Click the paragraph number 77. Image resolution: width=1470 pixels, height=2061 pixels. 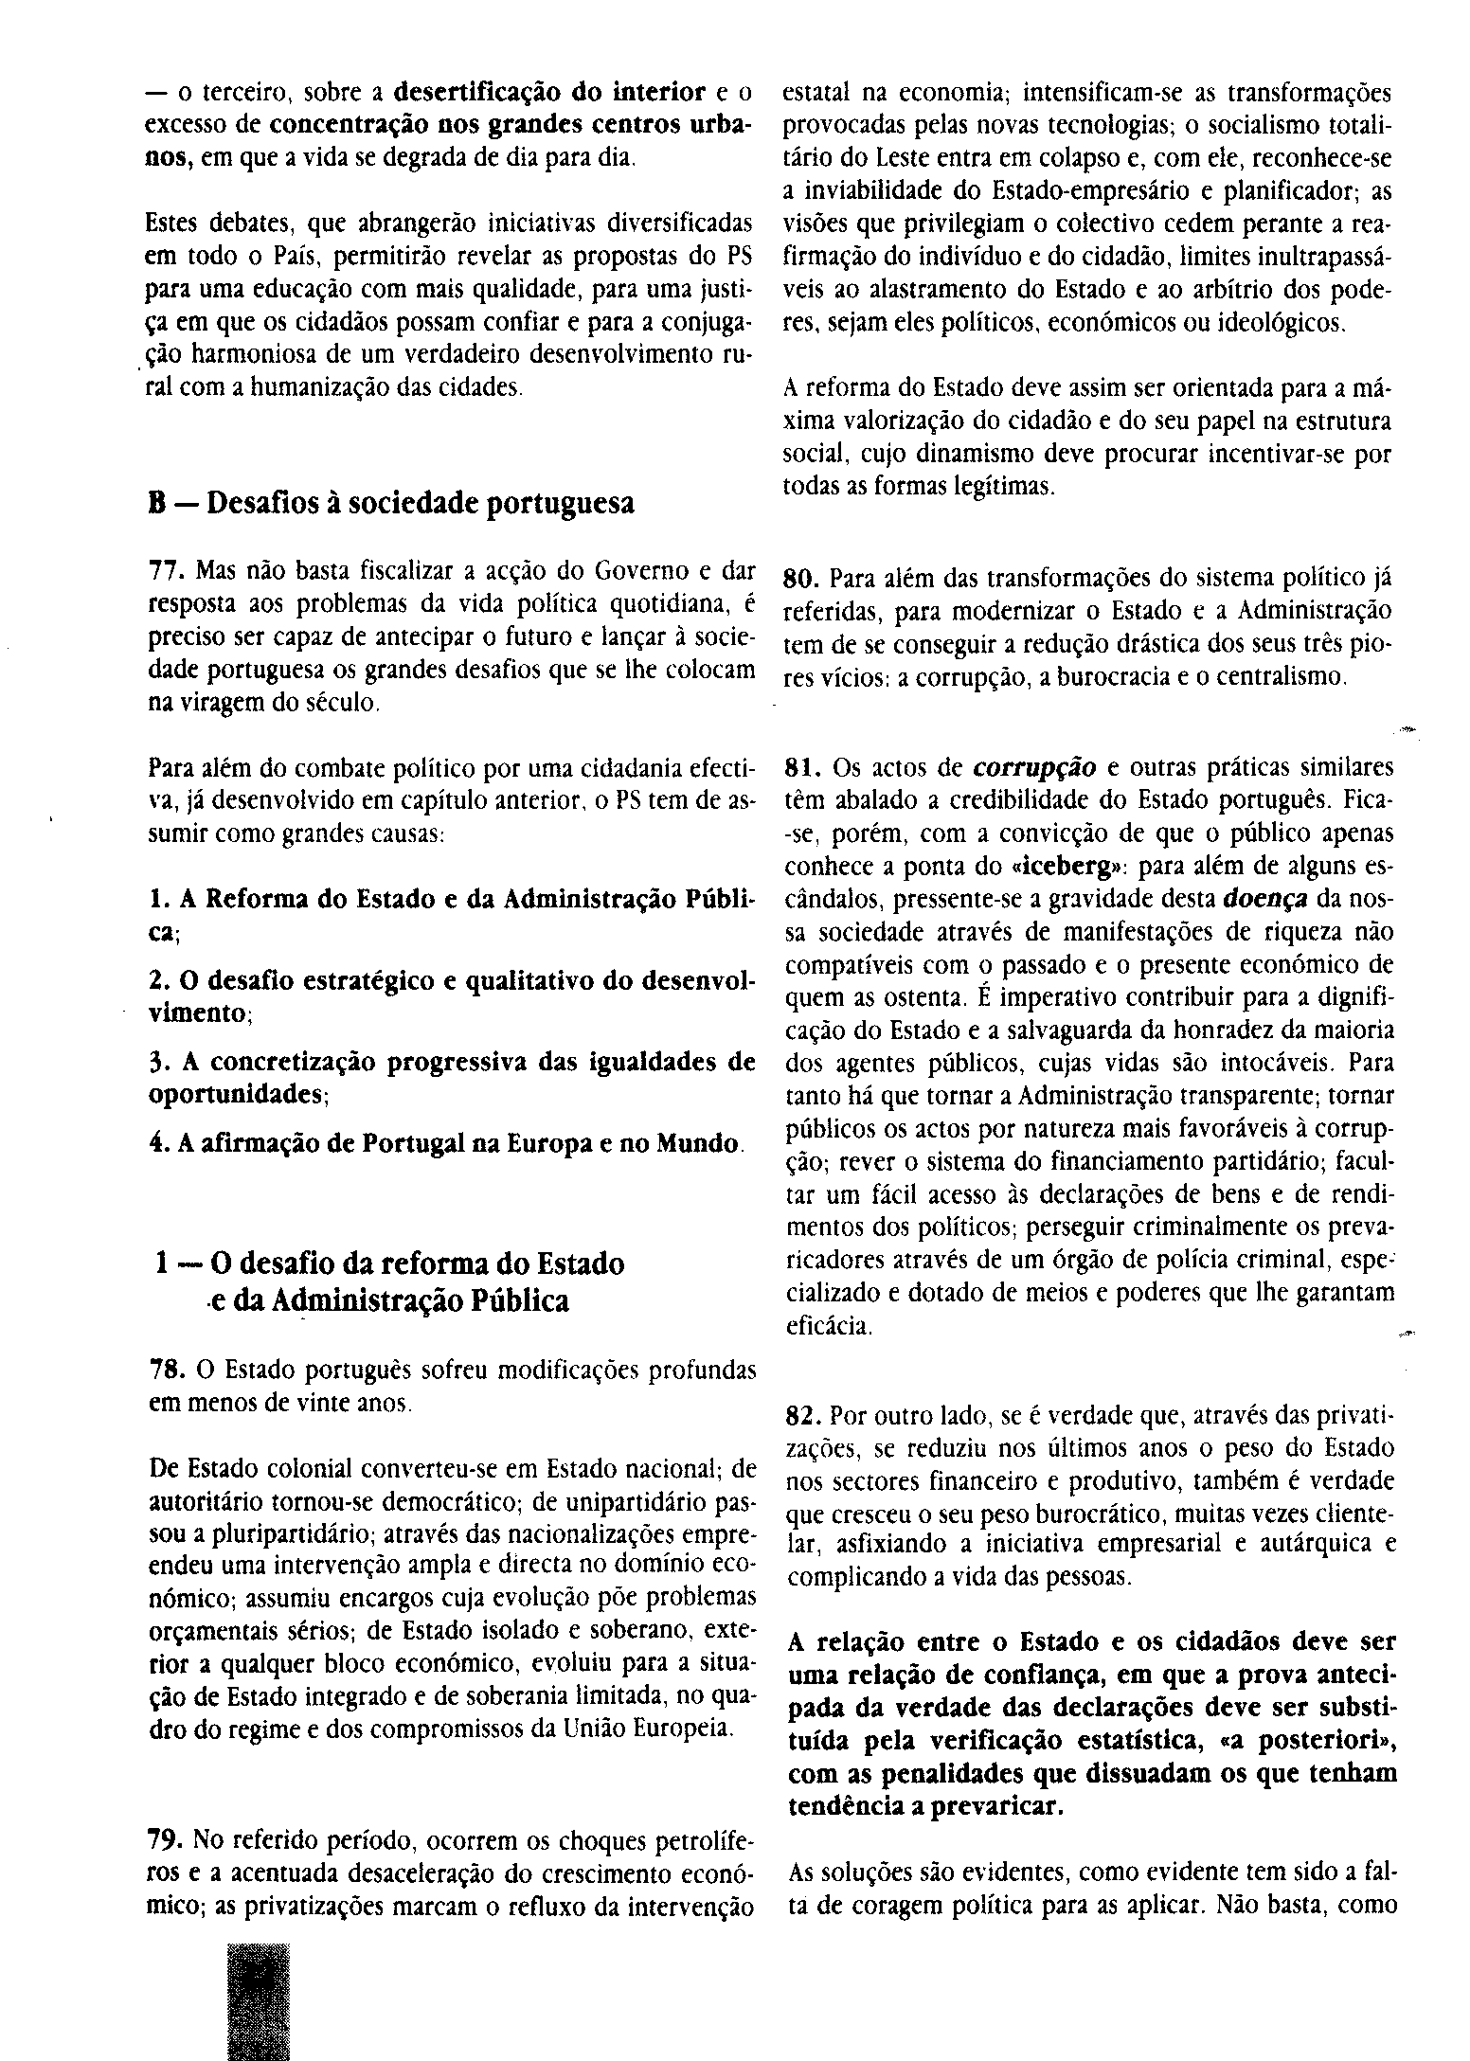[167, 571]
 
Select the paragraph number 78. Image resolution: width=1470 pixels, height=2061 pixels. [167, 1371]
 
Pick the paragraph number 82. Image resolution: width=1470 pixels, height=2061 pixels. [805, 1416]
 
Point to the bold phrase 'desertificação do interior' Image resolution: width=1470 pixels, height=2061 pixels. [549, 93]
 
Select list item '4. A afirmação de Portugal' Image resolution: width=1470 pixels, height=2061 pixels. [445, 1143]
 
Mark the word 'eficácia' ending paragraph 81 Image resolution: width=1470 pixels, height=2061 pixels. [828, 1327]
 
